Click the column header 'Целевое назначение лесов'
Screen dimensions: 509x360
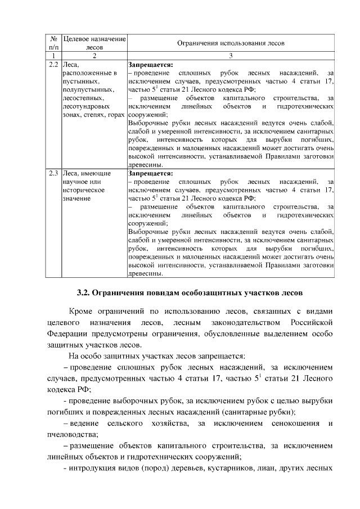point(94,43)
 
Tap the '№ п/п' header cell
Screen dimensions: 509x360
point(55,43)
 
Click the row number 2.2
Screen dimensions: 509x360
point(55,65)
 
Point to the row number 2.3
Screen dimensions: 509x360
point(55,173)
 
